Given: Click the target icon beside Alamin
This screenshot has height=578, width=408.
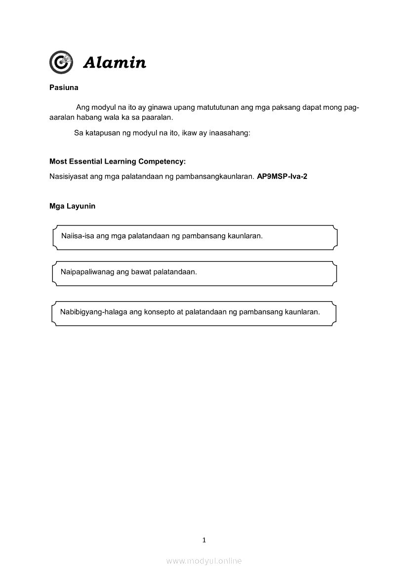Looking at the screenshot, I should click(61, 62).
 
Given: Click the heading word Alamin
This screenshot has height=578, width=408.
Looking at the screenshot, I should click(115, 63).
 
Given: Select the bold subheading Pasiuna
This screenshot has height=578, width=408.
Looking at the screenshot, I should click(64, 88).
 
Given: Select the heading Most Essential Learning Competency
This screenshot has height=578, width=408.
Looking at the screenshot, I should click(117, 161).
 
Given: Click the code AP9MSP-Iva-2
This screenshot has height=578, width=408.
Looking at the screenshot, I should click(282, 176).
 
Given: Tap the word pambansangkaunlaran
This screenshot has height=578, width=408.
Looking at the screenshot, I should click(215, 176).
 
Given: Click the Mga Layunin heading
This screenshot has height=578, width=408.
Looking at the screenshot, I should click(72, 206).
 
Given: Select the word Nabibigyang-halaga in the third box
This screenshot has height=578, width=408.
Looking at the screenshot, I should click(93, 312).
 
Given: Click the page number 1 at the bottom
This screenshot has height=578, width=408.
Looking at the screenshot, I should click(204, 540).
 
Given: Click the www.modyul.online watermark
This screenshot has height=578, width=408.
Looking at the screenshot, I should click(204, 561).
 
